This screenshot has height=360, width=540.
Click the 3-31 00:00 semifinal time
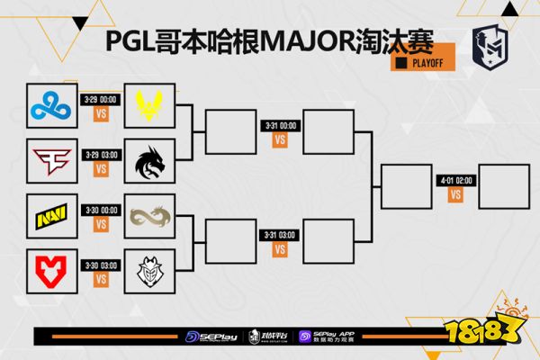(280, 126)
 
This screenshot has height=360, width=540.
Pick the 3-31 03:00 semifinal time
(280, 235)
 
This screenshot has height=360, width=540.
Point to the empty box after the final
(504, 186)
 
